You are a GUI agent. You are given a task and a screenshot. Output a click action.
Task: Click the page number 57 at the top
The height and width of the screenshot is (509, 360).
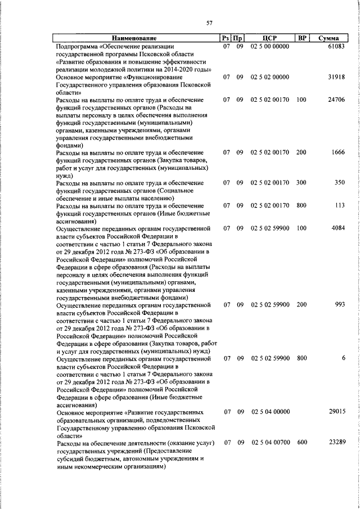coord(209,23)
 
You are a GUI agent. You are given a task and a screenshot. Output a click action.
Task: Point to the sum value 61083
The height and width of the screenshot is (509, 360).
coord(335,46)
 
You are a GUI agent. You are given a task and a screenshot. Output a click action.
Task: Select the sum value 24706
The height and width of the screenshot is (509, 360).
coord(335,100)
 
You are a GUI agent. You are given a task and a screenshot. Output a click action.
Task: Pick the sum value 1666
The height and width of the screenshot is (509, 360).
coord(337,152)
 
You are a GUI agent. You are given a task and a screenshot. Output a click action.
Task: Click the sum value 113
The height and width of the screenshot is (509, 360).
coord(339,206)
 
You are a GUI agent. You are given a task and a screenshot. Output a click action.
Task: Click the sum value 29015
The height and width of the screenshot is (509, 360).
coord(335,412)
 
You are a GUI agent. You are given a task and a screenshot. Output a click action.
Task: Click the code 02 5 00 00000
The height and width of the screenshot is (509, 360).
coord(270,46)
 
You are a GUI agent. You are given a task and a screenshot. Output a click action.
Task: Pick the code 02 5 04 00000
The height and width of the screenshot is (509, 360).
coord(270,412)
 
